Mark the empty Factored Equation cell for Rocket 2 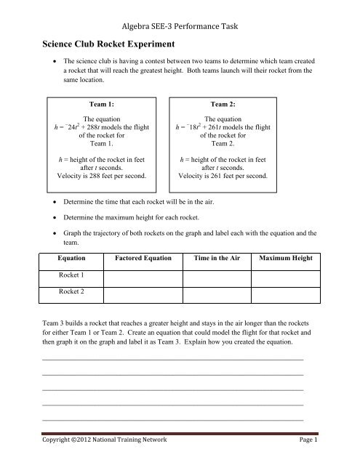[142, 296]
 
